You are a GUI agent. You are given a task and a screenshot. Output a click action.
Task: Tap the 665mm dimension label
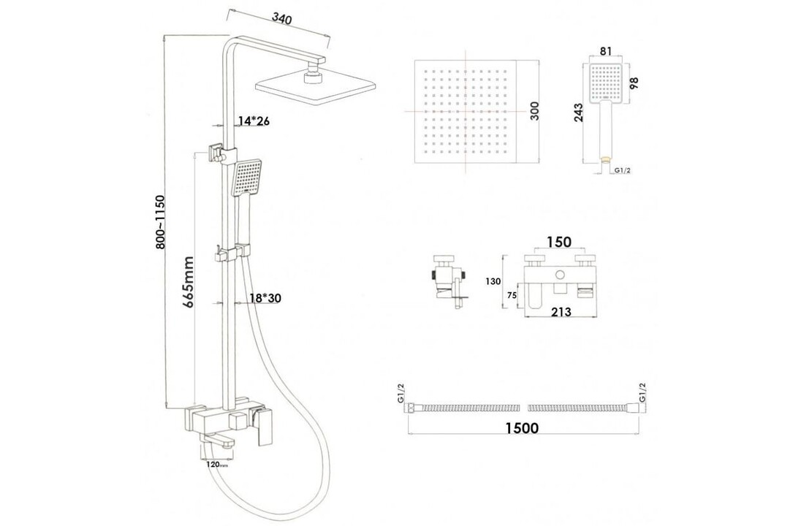point(189,282)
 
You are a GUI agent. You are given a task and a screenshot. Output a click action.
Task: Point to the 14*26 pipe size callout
point(253,121)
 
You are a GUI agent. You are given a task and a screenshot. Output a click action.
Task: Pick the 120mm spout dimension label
point(218,464)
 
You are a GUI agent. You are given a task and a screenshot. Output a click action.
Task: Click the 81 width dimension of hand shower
point(604,51)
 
